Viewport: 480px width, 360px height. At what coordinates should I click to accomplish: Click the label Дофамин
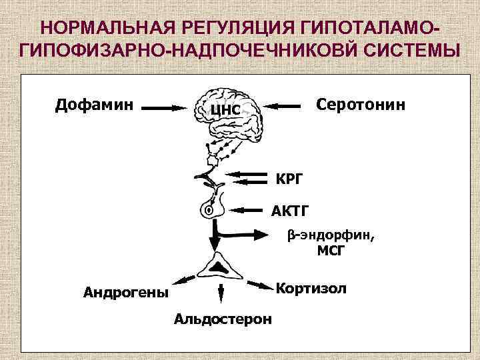pos(94,104)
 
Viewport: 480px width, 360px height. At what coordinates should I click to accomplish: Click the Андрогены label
pos(125,291)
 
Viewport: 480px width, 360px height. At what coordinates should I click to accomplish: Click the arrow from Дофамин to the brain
pos(165,106)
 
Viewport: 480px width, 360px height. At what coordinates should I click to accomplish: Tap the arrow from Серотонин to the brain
pos(283,105)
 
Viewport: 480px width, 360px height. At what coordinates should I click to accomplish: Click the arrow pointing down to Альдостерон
pos(221,294)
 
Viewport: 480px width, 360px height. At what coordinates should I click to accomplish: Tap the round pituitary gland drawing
pos(211,208)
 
